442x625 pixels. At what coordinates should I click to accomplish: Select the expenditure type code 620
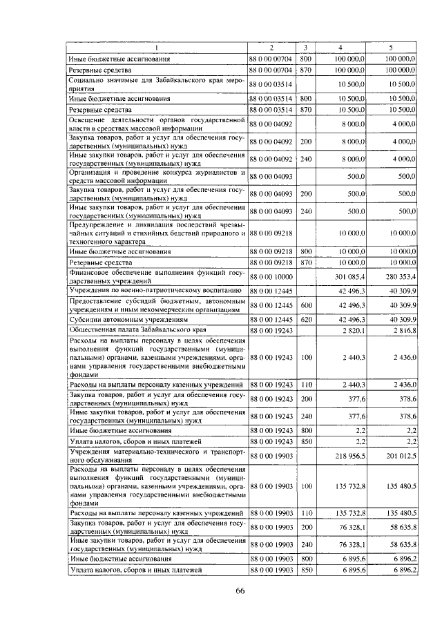click(x=307, y=320)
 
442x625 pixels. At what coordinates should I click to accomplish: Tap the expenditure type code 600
click(x=307, y=305)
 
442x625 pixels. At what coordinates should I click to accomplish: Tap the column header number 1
click(x=157, y=47)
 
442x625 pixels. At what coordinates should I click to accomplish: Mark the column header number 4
click(x=340, y=47)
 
